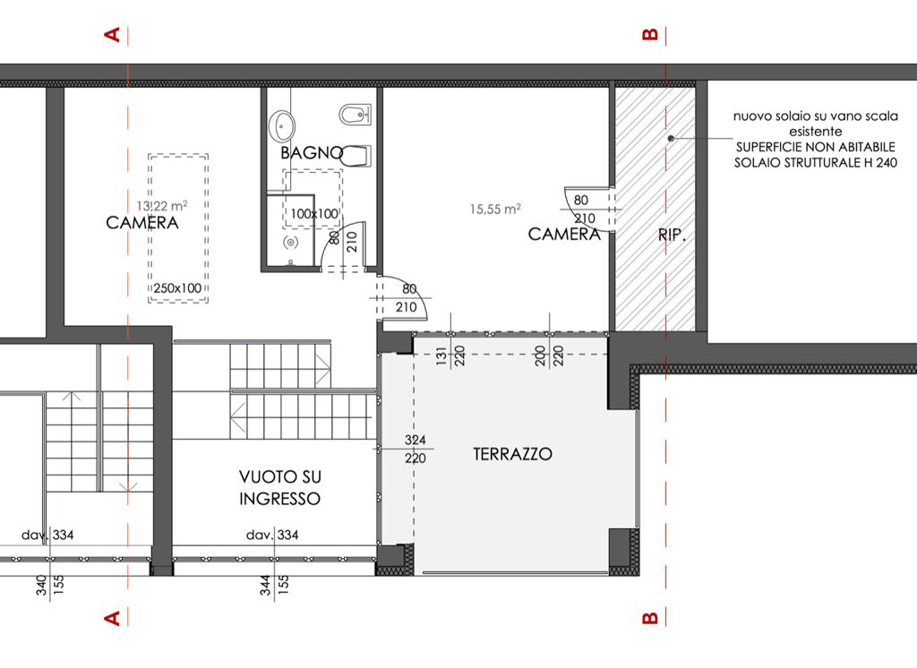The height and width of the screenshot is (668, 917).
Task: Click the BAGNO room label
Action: point(312,152)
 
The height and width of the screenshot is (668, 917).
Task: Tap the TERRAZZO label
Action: point(512,454)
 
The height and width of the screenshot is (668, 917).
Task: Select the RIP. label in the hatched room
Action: point(672,236)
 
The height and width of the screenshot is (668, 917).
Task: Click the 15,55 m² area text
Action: point(495,209)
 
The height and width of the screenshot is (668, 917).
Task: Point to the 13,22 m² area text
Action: point(162,206)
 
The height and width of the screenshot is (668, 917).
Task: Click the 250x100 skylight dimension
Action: point(177,287)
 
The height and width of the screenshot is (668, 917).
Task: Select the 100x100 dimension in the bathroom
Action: point(314,214)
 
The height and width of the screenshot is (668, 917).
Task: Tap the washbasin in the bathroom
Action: point(282,125)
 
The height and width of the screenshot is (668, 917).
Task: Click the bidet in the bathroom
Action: point(355,115)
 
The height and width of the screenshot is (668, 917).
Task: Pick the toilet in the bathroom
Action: point(356,156)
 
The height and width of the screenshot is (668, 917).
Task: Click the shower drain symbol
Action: point(291,242)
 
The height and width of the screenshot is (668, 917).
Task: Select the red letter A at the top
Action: point(112,35)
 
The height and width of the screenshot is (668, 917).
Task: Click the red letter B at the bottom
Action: point(650,618)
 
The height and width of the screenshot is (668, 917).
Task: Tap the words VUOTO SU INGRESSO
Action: point(280,488)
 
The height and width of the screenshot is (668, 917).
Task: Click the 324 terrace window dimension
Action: point(416,440)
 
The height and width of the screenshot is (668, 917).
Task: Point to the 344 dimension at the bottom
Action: point(265,585)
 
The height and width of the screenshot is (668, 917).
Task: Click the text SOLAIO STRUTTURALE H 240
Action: point(815,163)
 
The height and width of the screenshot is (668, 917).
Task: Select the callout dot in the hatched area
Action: point(671,138)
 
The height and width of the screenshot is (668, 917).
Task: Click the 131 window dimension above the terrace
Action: point(441,355)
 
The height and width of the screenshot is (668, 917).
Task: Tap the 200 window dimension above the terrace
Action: point(540,355)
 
